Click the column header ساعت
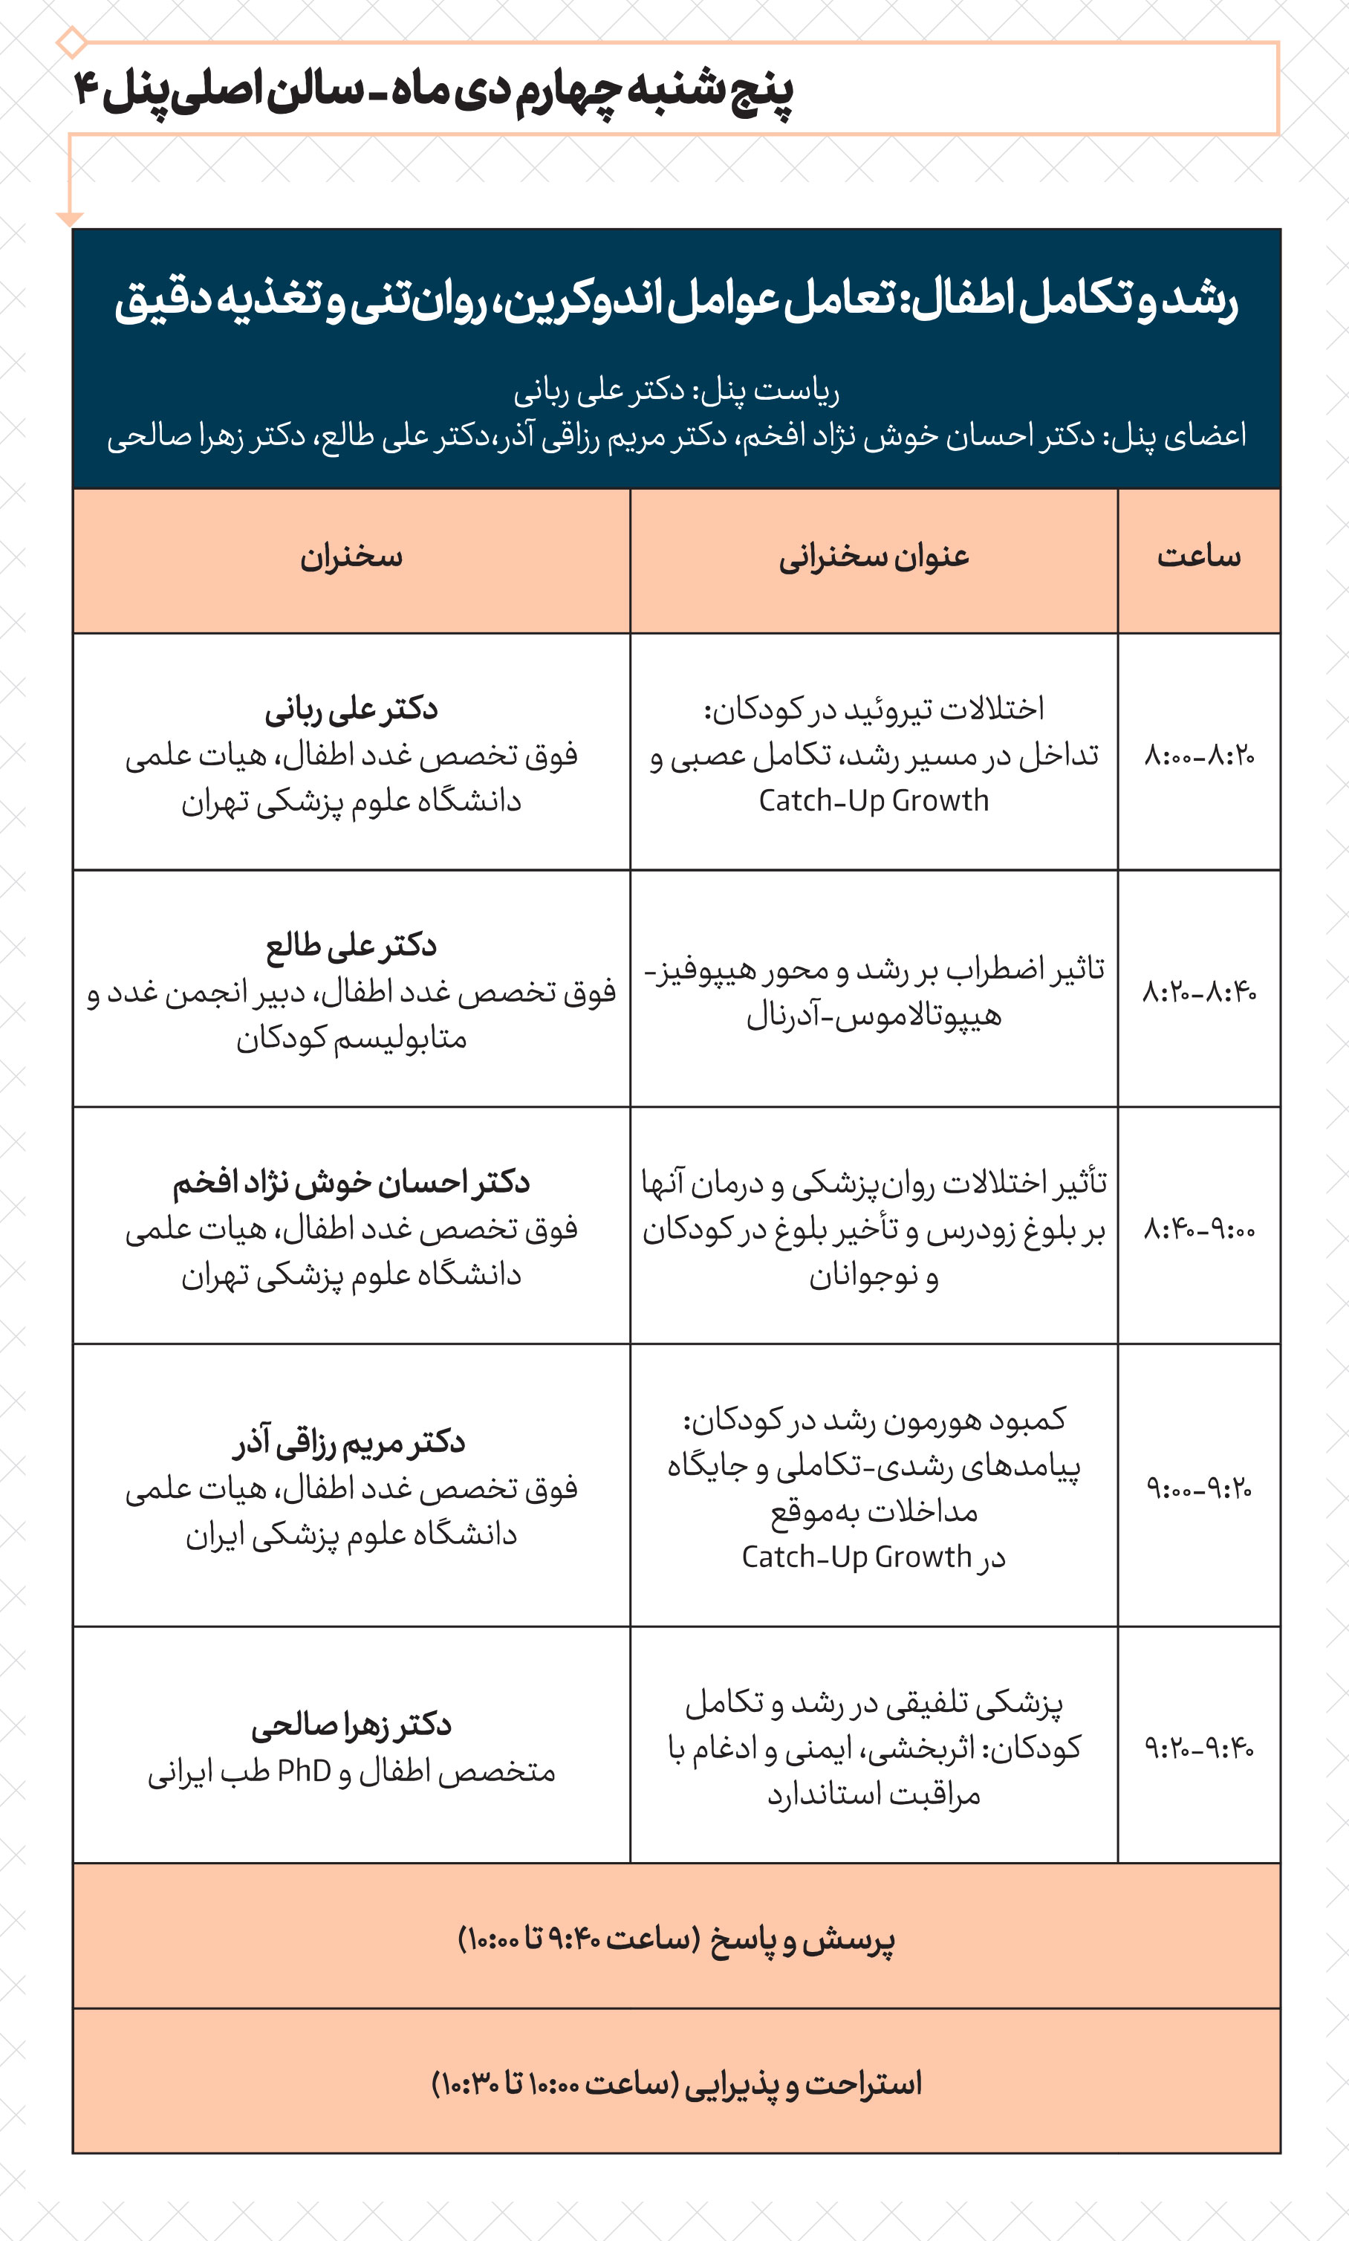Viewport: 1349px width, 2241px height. (x=1198, y=556)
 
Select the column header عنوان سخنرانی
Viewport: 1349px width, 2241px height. (x=874, y=557)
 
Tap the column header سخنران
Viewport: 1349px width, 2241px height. (x=351, y=557)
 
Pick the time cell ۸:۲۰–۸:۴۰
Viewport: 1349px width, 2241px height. (x=1198, y=991)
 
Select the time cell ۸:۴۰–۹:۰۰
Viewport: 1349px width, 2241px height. (x=1198, y=1229)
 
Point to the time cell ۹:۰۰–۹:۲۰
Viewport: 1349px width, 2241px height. (x=1198, y=1488)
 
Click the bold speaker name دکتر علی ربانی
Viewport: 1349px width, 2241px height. (x=351, y=709)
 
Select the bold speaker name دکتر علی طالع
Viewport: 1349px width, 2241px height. (x=351, y=945)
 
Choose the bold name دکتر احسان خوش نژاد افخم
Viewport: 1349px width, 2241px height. (x=351, y=1182)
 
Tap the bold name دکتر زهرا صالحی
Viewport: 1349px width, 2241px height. (x=351, y=1725)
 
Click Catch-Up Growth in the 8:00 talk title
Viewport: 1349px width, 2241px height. (x=874, y=801)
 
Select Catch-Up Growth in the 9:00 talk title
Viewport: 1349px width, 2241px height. (x=856, y=1557)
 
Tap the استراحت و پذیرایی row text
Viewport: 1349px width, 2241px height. (x=676, y=2083)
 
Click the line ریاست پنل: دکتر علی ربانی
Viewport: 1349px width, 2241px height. (x=676, y=391)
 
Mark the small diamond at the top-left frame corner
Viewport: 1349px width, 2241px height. (x=71, y=42)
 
